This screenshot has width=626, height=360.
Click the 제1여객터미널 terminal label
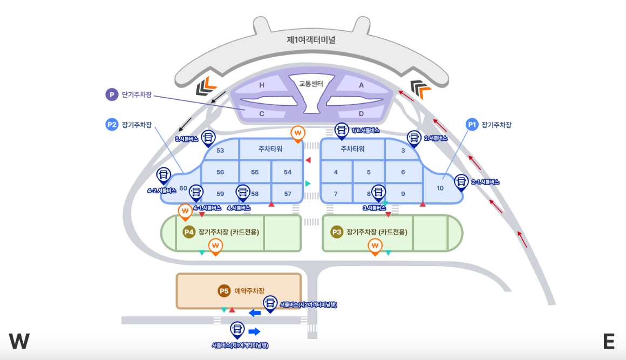tap(311, 40)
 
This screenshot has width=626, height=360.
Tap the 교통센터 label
tap(311, 84)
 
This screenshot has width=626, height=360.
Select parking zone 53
tap(220, 151)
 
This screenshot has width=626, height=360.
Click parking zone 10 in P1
tap(440, 188)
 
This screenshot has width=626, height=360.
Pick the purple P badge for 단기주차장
tap(112, 94)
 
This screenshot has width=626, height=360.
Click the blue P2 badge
tap(112, 125)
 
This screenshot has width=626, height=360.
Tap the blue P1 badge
tap(472, 125)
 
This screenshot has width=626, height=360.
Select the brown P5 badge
tap(224, 291)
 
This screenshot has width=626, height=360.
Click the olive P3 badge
tap(337, 232)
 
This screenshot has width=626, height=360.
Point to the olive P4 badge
tap(189, 232)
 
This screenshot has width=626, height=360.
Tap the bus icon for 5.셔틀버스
tap(208, 137)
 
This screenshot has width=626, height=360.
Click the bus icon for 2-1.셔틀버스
tap(461, 181)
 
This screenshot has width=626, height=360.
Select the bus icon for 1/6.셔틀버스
tap(342, 130)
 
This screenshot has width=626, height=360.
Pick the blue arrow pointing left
tap(255, 313)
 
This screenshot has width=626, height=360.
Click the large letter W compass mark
tap(19, 341)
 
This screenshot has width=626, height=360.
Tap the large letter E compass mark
tap(609, 341)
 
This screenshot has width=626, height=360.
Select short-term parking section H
tap(262, 85)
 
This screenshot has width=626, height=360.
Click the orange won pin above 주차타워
tap(297, 133)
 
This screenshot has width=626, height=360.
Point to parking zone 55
tap(255, 172)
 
